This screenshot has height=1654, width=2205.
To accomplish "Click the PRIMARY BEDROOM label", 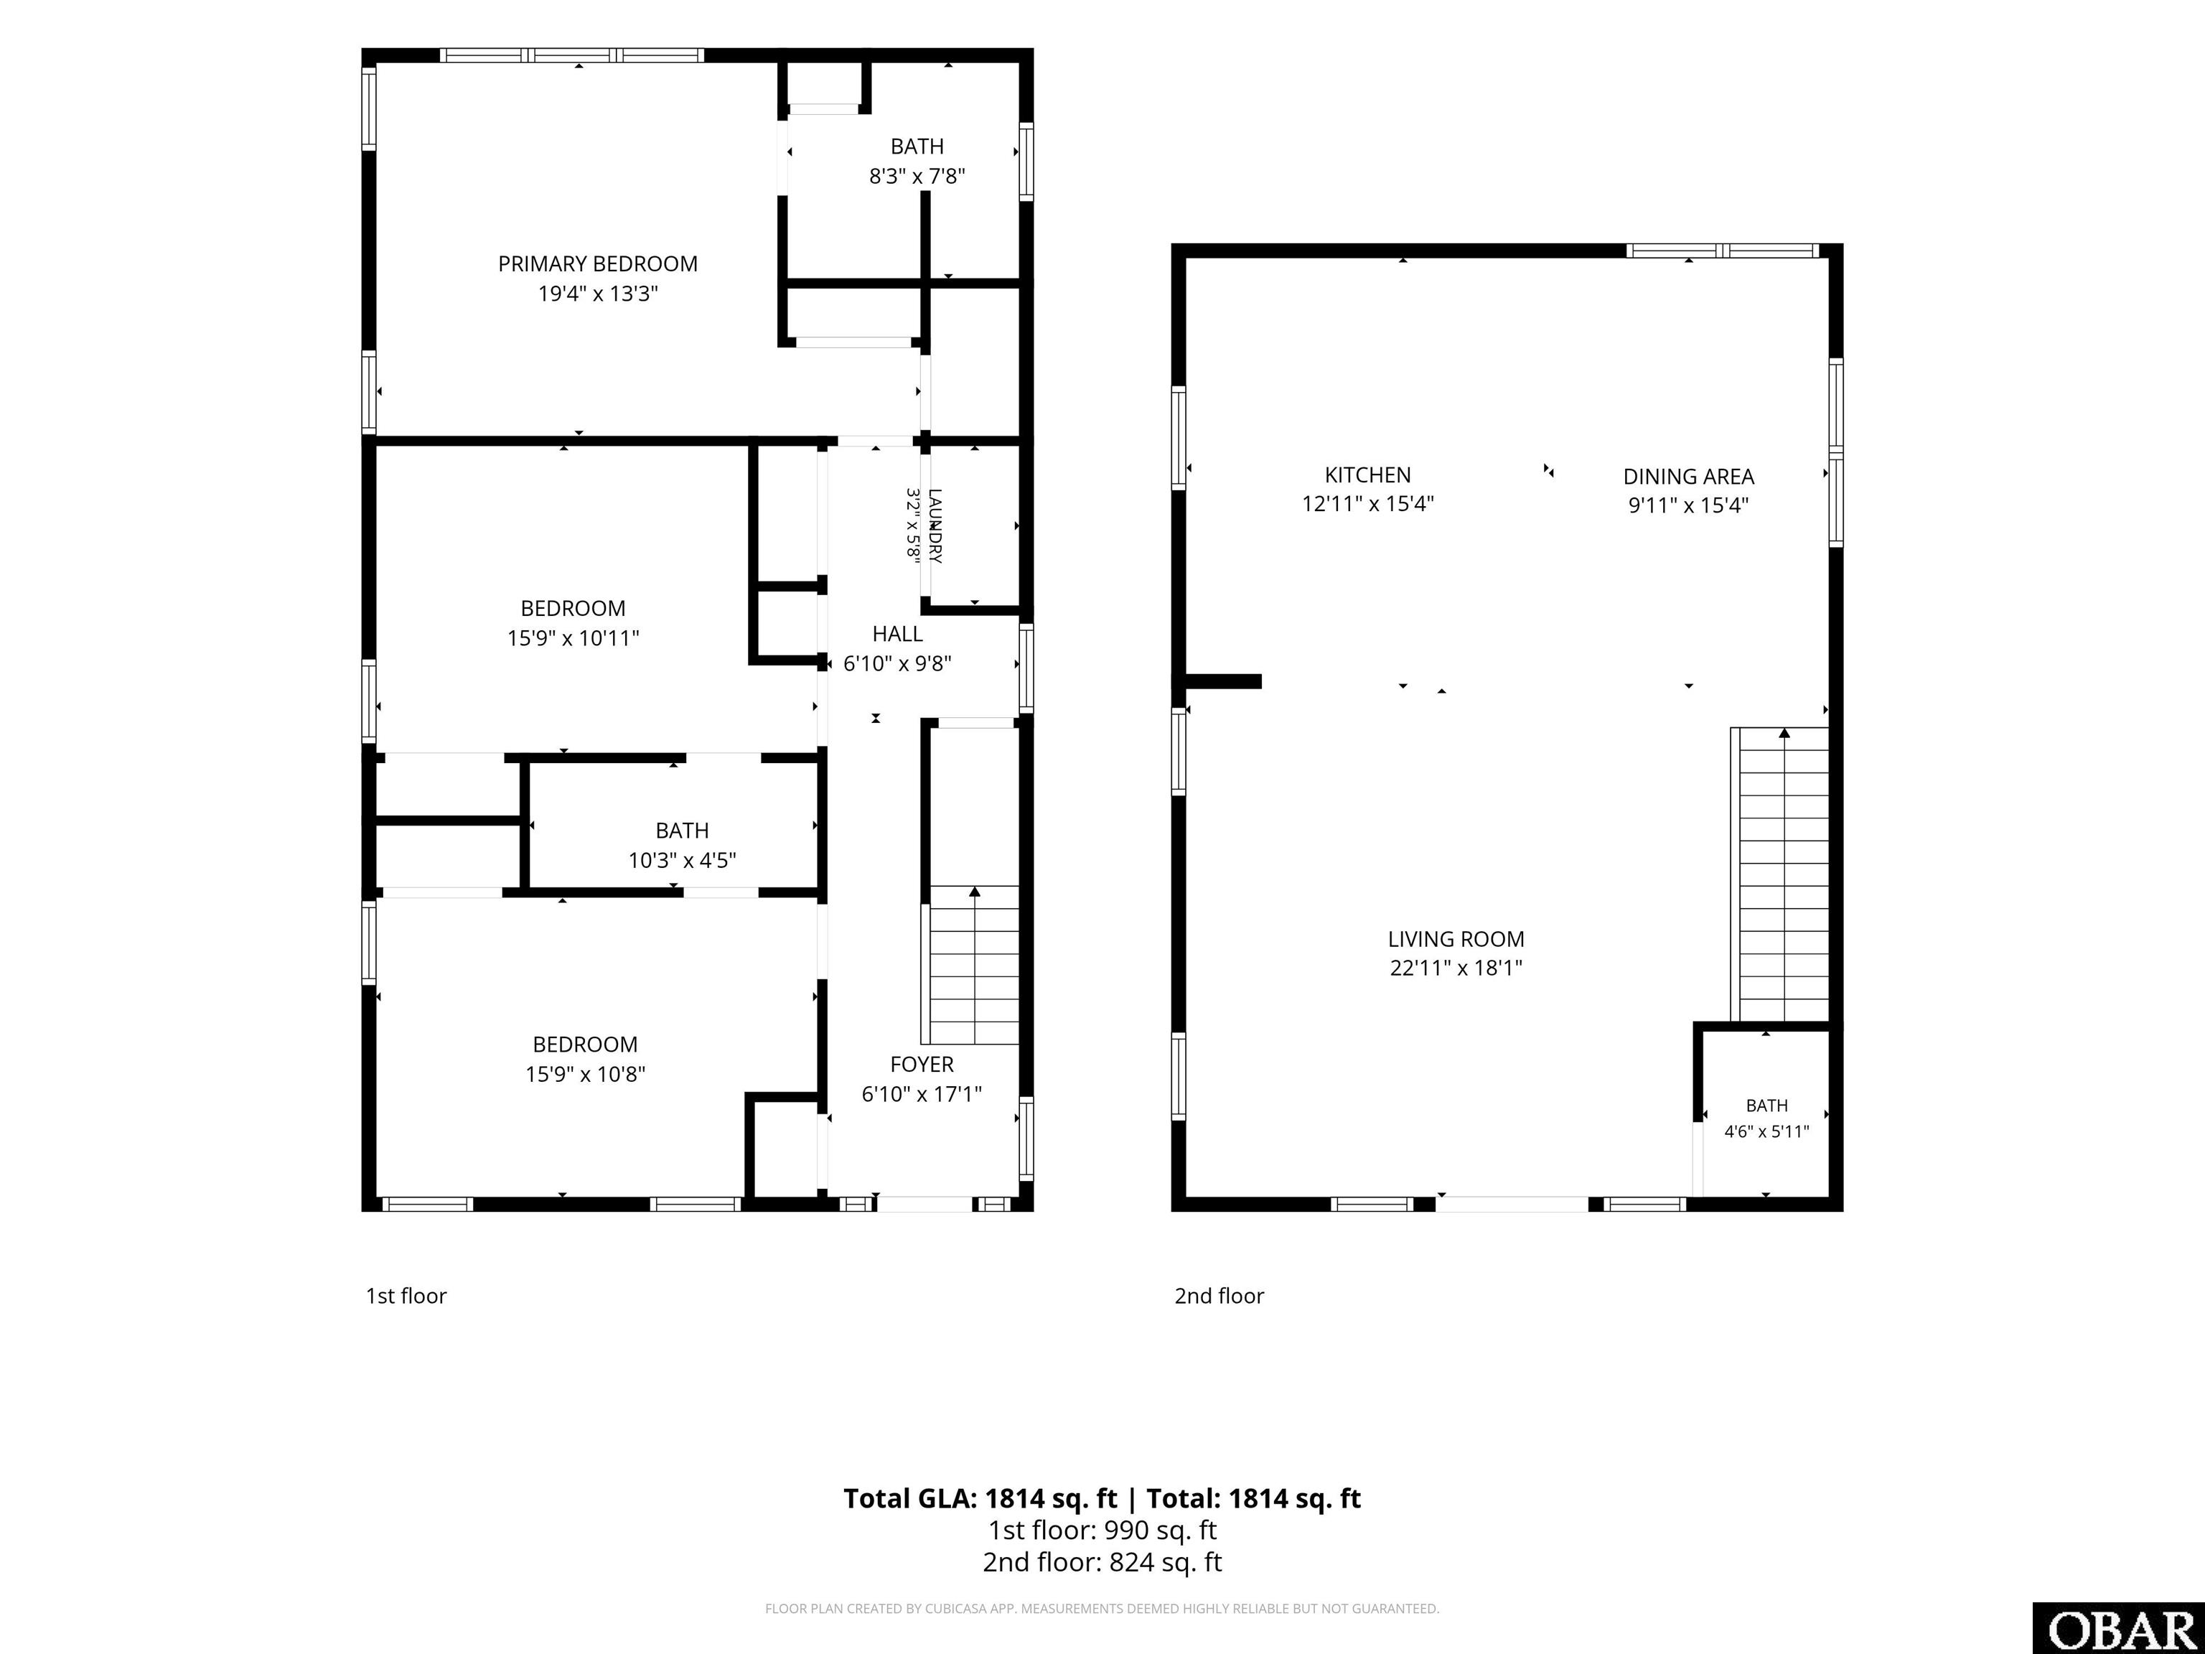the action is coord(598,264).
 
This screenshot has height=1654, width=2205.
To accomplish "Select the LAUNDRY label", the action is coord(934,525).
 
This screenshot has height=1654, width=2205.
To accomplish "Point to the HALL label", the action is coord(897,634).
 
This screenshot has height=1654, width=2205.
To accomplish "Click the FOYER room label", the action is coord(922,1065).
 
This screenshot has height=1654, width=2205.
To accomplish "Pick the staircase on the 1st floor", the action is coord(971,964).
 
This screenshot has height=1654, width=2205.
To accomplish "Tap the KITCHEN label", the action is coord(1367,475).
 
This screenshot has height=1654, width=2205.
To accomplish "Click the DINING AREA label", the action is coord(1689,477).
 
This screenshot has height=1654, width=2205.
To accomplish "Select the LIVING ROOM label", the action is coord(1456,939).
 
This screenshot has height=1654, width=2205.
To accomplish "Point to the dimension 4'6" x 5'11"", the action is coord(1766,1131).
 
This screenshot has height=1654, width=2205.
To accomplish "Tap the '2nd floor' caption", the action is coord(1219,1296).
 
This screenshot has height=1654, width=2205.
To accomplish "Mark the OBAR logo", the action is coord(2118,1628).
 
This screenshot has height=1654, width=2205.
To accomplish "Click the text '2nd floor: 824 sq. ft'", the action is coord(1102,1562).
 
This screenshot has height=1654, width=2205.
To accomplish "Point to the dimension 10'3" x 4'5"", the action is coord(682,861).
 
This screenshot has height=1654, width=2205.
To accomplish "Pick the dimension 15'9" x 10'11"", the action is coord(574,638).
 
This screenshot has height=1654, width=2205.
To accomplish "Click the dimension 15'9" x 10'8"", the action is coord(585,1075).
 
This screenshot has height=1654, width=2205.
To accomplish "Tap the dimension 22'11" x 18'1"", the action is coord(1456,968).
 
